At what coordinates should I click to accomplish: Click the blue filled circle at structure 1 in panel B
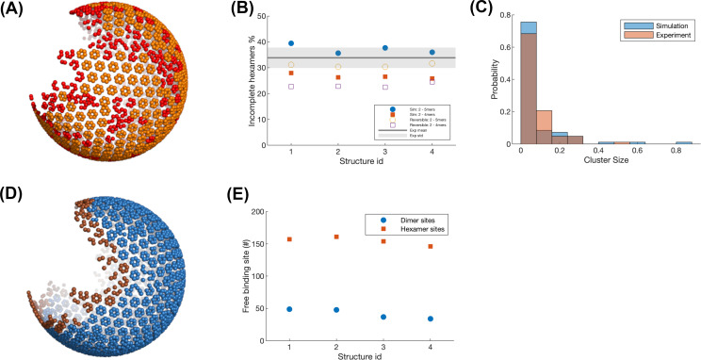pyautogui.click(x=291, y=43)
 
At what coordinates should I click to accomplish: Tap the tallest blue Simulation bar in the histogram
pyautogui.click(x=530, y=28)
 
